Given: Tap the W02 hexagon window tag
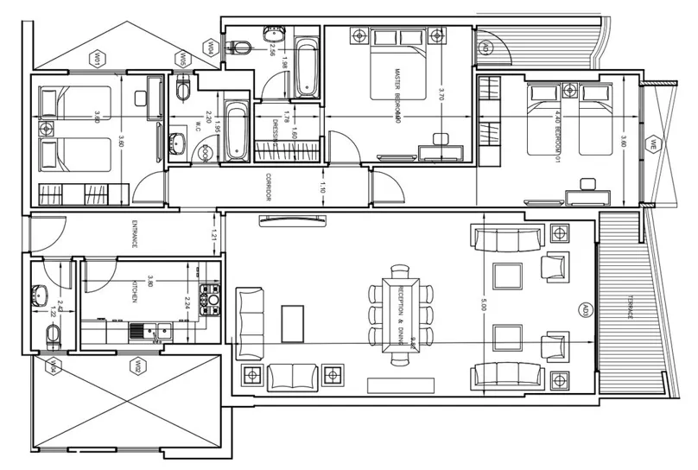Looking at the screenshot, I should click(x=136, y=367).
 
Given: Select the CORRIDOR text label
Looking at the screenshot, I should click(x=269, y=187).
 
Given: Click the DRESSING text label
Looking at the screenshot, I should click(x=275, y=131).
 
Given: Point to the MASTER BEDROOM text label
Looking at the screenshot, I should click(x=398, y=95).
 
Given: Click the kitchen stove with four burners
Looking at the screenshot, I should click(x=210, y=298).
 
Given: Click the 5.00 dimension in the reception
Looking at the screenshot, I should click(x=485, y=304).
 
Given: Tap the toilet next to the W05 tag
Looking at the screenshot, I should click(x=181, y=89).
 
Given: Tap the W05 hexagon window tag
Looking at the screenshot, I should click(x=183, y=58).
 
